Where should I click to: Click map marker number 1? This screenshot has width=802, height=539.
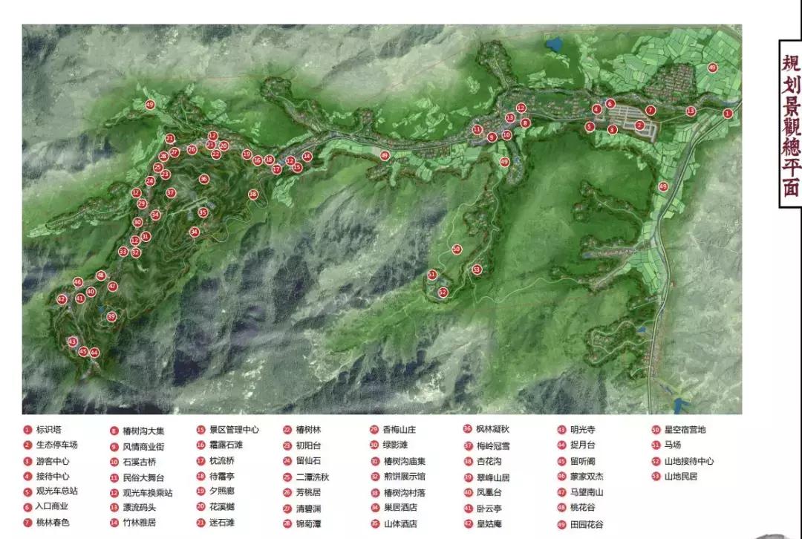point(728,114)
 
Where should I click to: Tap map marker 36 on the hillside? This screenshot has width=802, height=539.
point(203,179)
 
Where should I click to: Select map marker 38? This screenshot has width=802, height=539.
point(253,195)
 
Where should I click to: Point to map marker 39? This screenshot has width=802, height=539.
point(111,316)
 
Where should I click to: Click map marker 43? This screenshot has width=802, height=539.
point(72,342)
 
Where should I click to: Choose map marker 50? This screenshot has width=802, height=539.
point(457,249)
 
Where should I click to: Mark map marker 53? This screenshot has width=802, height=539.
point(476,269)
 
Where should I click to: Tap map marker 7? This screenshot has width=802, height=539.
point(651,111)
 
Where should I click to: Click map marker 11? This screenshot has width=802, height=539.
point(477,130)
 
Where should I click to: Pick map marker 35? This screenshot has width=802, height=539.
point(203,212)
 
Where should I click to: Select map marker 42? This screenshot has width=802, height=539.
point(62,299)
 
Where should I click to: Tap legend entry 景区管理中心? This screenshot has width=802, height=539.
point(233,429)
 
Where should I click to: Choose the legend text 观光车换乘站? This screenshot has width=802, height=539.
point(147,492)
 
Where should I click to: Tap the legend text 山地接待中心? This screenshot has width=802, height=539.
point(688,461)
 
